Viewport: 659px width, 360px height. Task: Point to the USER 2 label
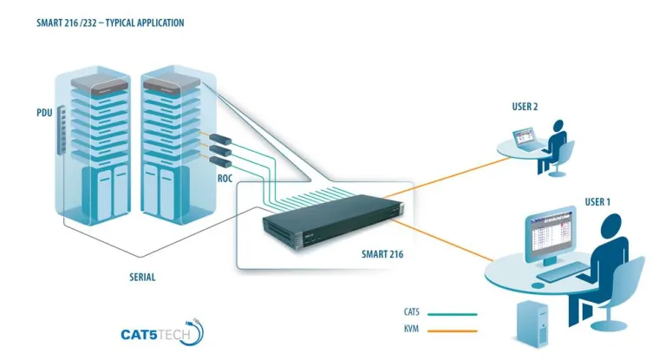(525, 107)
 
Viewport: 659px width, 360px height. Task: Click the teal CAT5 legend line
(452, 314)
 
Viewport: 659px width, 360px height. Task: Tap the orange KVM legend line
(452, 330)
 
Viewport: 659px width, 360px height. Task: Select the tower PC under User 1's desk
(532, 324)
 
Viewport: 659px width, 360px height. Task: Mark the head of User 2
(560, 126)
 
